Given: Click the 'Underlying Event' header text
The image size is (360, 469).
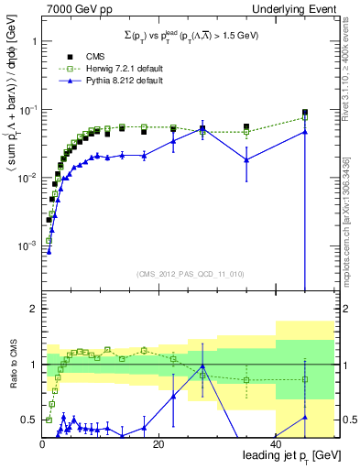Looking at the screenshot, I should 296,8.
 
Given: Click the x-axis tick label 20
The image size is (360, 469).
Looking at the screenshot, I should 158,444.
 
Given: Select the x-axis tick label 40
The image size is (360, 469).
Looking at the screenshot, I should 276,444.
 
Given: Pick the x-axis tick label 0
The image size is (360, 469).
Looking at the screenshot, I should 42,444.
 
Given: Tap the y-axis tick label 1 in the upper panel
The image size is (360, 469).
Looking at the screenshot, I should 33,42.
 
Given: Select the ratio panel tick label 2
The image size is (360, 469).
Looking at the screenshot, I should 32,309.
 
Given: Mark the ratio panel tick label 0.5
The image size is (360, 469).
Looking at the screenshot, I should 28,420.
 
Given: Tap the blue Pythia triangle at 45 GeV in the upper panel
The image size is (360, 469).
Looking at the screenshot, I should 305,132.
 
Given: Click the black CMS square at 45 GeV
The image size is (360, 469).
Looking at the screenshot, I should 305,113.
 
